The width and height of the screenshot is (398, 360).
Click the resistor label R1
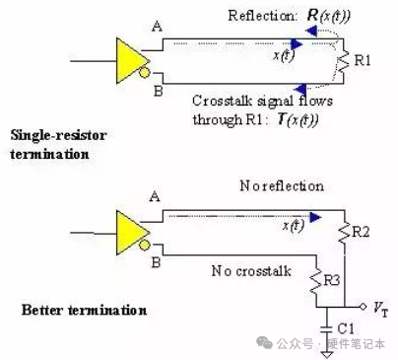(363, 61)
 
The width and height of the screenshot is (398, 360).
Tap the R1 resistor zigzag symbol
(343, 62)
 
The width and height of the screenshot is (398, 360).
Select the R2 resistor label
(361, 232)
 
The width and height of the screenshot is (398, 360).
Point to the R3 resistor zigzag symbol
(316, 282)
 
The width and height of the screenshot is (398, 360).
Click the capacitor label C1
(346, 328)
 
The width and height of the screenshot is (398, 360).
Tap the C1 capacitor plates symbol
(326, 329)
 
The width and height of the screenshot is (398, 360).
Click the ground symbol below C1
(326, 354)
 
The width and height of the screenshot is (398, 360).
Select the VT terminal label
(380, 309)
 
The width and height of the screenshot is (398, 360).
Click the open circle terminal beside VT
(363, 307)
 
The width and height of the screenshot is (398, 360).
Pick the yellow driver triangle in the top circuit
(130, 61)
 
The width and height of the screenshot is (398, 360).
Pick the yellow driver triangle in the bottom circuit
(130, 233)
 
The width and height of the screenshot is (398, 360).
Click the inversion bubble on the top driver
(144, 72)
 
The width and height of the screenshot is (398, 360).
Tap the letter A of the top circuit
(157, 26)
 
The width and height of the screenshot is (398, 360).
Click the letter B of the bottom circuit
(156, 262)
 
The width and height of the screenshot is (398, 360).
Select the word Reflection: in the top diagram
(262, 16)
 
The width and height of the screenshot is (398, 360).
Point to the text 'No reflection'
(282, 186)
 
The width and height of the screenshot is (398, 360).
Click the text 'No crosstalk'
(251, 271)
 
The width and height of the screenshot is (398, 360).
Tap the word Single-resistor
(58, 135)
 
